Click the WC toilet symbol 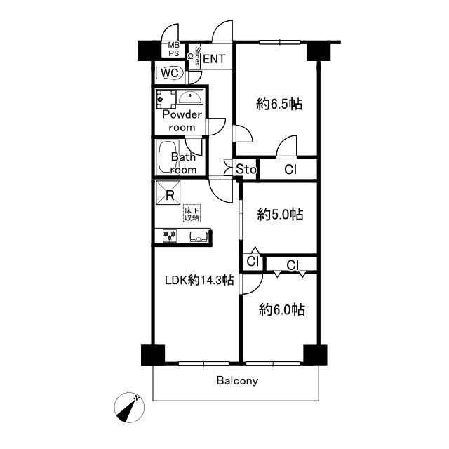[170, 73]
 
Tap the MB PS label [173, 49]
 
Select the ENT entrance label [214, 59]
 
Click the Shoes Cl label [194, 56]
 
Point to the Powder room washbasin [189, 97]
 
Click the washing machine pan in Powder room [166, 99]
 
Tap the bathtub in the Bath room [168, 157]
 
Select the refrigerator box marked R [168, 193]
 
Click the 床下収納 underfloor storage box [192, 213]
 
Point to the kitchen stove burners [170, 236]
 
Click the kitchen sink [199, 236]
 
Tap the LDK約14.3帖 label [199, 280]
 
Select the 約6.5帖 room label [279, 104]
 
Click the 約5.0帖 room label [280, 215]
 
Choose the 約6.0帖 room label [282, 310]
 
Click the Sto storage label [246, 169]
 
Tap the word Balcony [237, 381]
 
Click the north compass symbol [129, 407]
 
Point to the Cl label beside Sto [290, 170]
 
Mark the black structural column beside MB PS [149, 51]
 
